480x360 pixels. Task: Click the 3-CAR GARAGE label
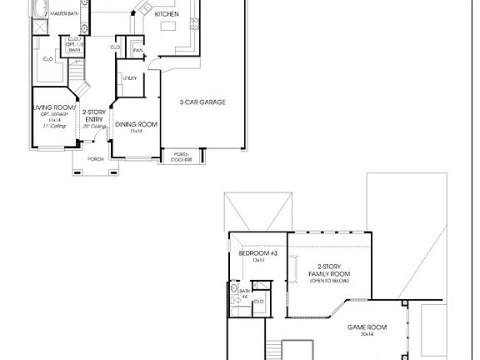(x=202, y=102)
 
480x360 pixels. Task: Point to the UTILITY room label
(x=130, y=78)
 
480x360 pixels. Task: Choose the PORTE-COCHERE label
(x=182, y=156)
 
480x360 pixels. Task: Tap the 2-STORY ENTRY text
(x=93, y=115)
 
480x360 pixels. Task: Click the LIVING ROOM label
(x=54, y=107)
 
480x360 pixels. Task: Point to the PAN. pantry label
(x=137, y=51)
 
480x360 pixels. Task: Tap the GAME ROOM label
(x=366, y=327)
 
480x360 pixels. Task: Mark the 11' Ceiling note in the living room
(x=54, y=126)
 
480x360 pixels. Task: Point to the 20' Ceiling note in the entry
(x=93, y=126)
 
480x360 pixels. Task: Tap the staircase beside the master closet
(x=80, y=80)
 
